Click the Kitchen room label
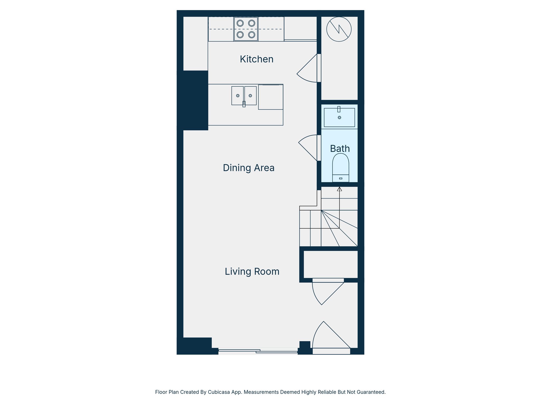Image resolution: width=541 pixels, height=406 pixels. (256, 59)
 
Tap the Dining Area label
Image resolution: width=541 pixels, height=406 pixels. (249, 168)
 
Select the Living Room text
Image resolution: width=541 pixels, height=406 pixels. (252, 271)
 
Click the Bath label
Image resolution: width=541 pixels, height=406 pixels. (340, 149)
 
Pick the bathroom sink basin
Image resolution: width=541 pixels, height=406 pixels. (339, 118)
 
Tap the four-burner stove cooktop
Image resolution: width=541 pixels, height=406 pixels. (246, 29)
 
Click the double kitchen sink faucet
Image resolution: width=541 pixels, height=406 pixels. (244, 104)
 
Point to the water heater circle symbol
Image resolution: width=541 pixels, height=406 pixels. (339, 29)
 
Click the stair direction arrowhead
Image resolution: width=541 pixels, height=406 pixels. (339, 189)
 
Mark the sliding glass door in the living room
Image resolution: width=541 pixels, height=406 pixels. (258, 351)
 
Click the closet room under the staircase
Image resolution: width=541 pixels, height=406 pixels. (330, 264)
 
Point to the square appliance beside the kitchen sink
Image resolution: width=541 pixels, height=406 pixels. (270, 97)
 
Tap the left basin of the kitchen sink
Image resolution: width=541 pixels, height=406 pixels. (237, 96)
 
